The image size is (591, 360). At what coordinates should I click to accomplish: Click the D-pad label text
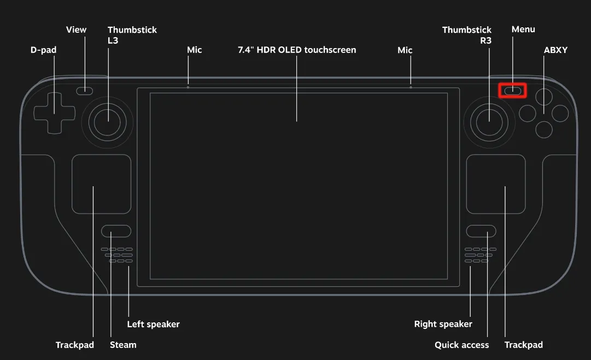[x=43, y=50]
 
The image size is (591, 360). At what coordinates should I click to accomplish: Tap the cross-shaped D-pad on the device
[x=54, y=113]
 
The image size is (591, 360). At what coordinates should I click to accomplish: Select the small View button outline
[x=84, y=91]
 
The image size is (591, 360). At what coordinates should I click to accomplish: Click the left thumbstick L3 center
[x=108, y=121]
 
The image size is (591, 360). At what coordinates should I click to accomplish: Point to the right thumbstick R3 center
[x=488, y=121]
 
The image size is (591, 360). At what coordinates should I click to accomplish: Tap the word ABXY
[x=555, y=50]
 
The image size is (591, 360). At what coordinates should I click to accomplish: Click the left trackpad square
[x=101, y=184]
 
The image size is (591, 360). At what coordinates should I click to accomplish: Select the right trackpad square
[x=496, y=184]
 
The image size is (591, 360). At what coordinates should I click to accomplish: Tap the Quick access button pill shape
[x=481, y=231]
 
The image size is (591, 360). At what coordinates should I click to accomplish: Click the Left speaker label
[x=153, y=324]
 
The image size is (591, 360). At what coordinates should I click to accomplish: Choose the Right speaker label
[x=443, y=324]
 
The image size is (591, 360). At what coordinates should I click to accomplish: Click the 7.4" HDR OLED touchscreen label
[x=297, y=50]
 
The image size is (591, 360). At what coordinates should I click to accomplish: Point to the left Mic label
[x=194, y=50]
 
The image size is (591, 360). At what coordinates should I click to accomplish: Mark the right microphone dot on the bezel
[x=411, y=87]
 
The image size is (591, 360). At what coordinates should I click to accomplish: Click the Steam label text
[x=123, y=345]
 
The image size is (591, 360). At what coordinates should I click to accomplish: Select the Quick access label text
[x=461, y=345]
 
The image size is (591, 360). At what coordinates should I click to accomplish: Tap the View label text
[x=76, y=29]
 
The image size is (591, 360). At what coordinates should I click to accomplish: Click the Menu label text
[x=523, y=29]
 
